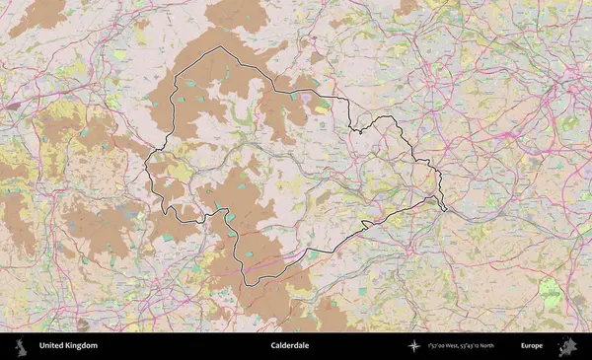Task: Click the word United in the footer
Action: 54,346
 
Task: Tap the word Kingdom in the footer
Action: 83,346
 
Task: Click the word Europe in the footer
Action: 533,346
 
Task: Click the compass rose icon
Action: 413,346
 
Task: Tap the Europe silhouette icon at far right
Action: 567,346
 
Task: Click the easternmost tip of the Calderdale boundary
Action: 445,209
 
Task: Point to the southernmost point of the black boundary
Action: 249,285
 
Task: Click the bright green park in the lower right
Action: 551,292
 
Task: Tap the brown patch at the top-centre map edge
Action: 237,12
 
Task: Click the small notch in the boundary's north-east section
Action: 357,128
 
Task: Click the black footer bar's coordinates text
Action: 474,346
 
